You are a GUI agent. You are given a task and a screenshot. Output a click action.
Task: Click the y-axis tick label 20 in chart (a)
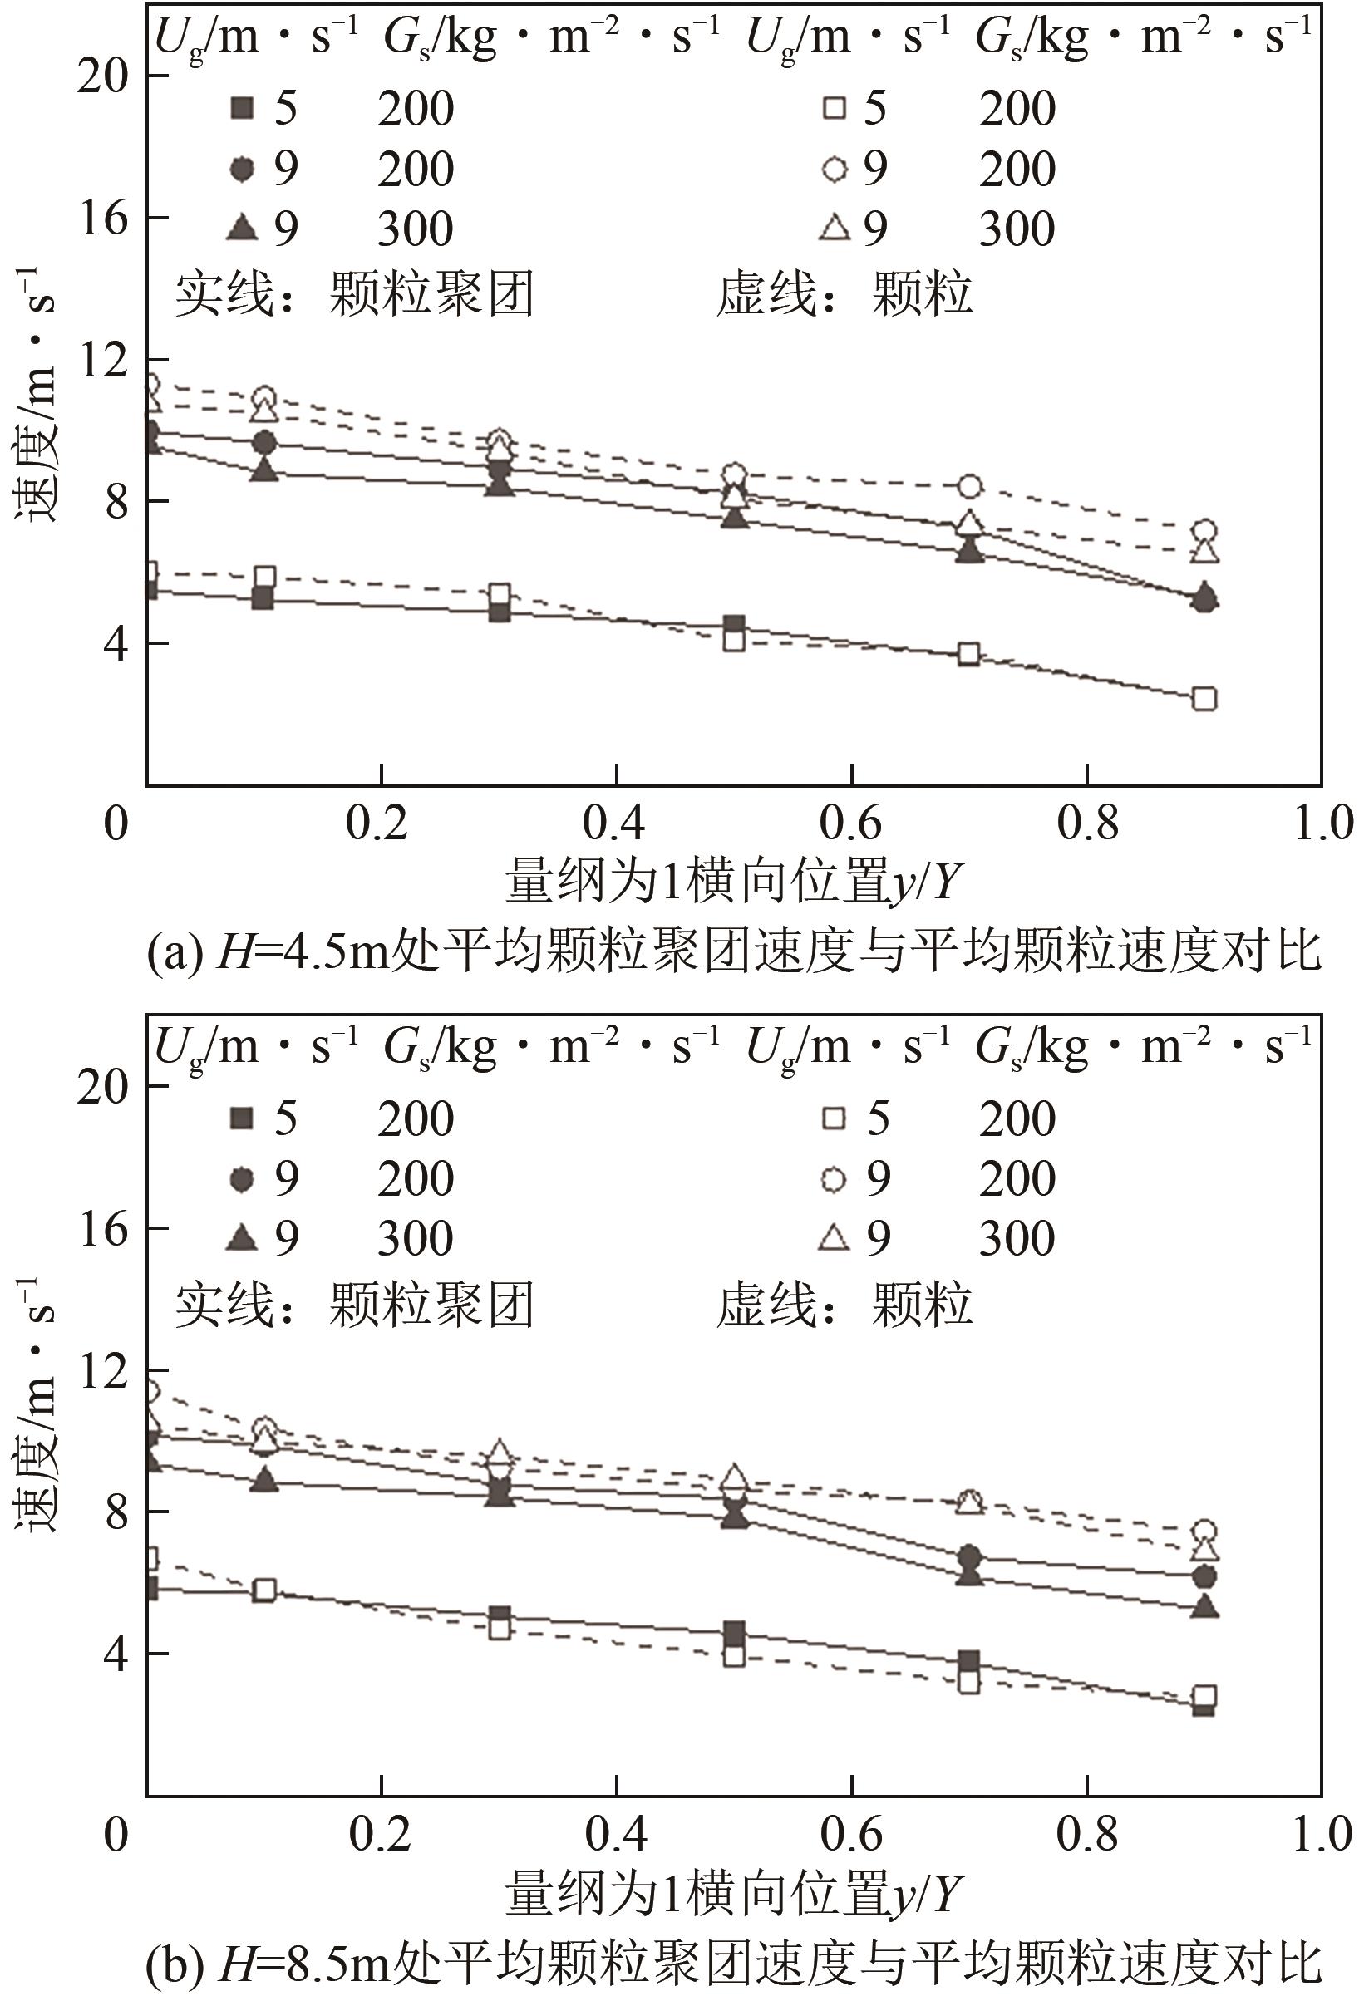[x=101, y=76]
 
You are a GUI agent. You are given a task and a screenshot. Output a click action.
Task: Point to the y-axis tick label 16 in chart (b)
[x=101, y=1229]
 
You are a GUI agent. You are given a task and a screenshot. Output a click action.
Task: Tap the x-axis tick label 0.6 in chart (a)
[x=850, y=823]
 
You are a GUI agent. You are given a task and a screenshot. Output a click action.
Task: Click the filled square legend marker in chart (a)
[x=242, y=109]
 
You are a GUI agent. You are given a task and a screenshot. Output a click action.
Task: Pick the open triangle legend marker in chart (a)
[x=835, y=229]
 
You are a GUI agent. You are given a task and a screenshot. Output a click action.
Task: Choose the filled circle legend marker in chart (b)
[x=242, y=1179]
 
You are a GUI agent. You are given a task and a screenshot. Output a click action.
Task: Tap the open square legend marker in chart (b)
[x=834, y=1118]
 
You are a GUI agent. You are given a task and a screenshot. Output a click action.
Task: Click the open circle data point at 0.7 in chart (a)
[x=970, y=486]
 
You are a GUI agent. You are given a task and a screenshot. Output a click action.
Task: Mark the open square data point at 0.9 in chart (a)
[x=1204, y=699]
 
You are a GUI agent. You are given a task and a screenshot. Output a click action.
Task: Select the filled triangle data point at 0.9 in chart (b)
[x=1205, y=1605]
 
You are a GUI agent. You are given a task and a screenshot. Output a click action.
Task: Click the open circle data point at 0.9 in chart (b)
[x=1205, y=1531]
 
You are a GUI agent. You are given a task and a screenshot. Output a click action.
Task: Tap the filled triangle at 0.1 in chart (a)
[x=265, y=470]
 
